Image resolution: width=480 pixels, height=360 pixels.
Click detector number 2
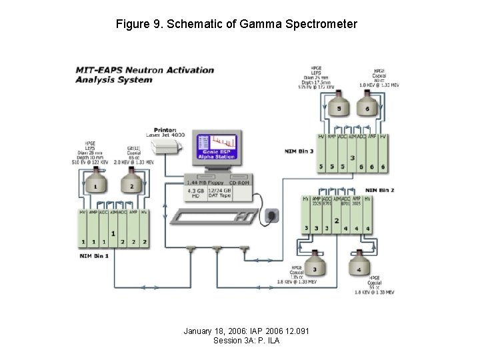point(131,184)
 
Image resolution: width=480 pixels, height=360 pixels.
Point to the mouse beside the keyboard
point(271,215)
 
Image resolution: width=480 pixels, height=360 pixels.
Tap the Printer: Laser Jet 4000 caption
point(169,132)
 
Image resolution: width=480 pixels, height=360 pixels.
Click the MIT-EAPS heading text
point(100,70)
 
